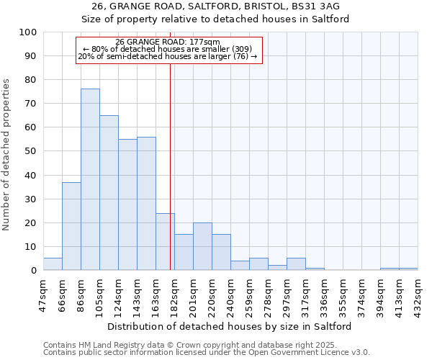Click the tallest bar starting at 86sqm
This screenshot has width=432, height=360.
[90, 179]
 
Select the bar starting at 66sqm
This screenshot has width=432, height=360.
[71, 226]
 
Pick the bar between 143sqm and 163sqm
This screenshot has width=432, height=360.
[146, 203]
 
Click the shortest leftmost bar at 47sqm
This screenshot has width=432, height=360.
[53, 264]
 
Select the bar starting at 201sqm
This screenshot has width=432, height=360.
[202, 246]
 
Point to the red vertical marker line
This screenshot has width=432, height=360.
[170, 180]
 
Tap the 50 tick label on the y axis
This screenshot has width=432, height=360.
[30, 151]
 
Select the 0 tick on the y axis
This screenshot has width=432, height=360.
[33, 271]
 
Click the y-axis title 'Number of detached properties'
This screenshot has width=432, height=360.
[7, 155]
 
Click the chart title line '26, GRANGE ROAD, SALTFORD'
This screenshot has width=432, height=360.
[215, 6]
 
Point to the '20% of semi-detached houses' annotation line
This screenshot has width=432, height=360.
[167, 56]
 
